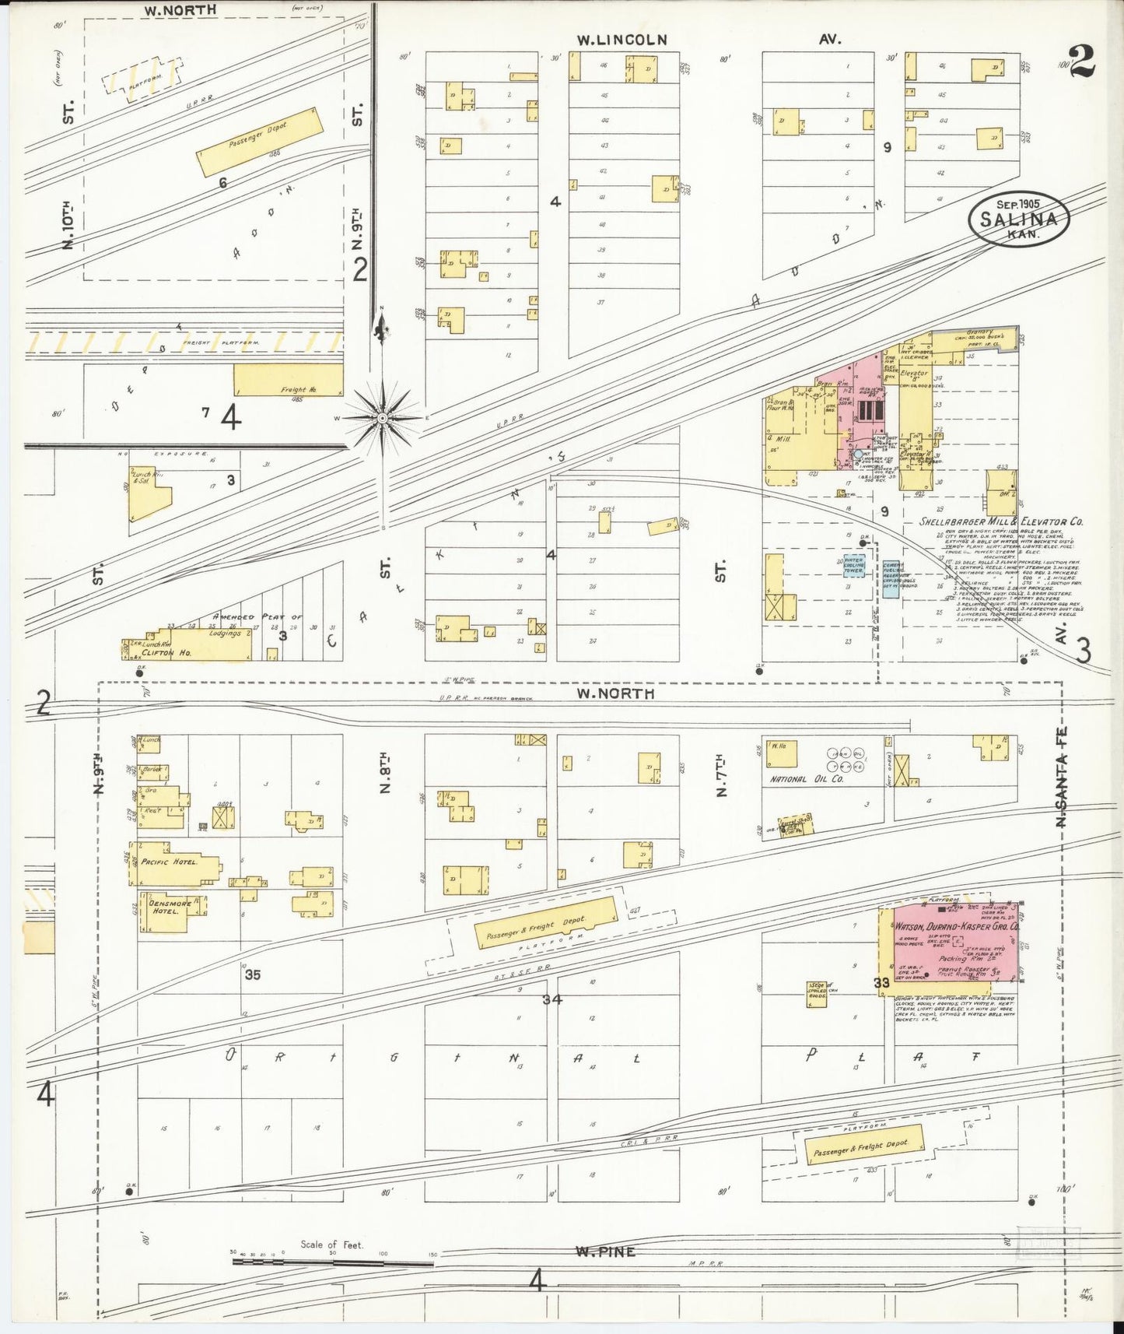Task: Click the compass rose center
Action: [382, 419]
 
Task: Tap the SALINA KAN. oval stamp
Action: [1018, 219]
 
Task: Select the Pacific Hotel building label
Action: [175, 862]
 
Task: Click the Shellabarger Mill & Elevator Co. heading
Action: [1001, 521]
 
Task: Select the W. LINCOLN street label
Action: [622, 40]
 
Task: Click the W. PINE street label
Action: [605, 1252]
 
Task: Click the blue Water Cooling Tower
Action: [853, 566]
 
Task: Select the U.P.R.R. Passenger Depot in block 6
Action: [259, 142]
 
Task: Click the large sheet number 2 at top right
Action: [1082, 61]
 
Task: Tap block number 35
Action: [252, 974]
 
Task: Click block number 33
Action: [881, 983]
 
